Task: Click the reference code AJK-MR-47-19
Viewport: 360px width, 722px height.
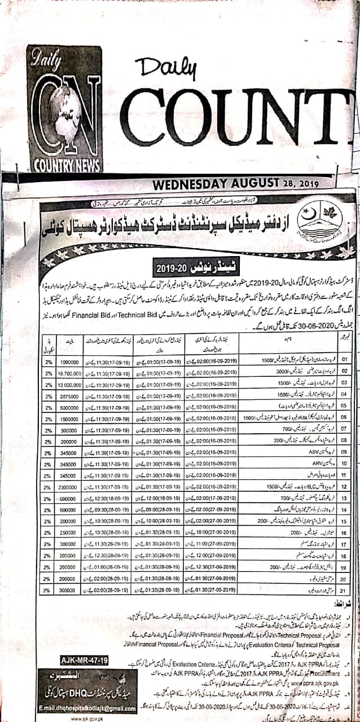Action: pos(85,659)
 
